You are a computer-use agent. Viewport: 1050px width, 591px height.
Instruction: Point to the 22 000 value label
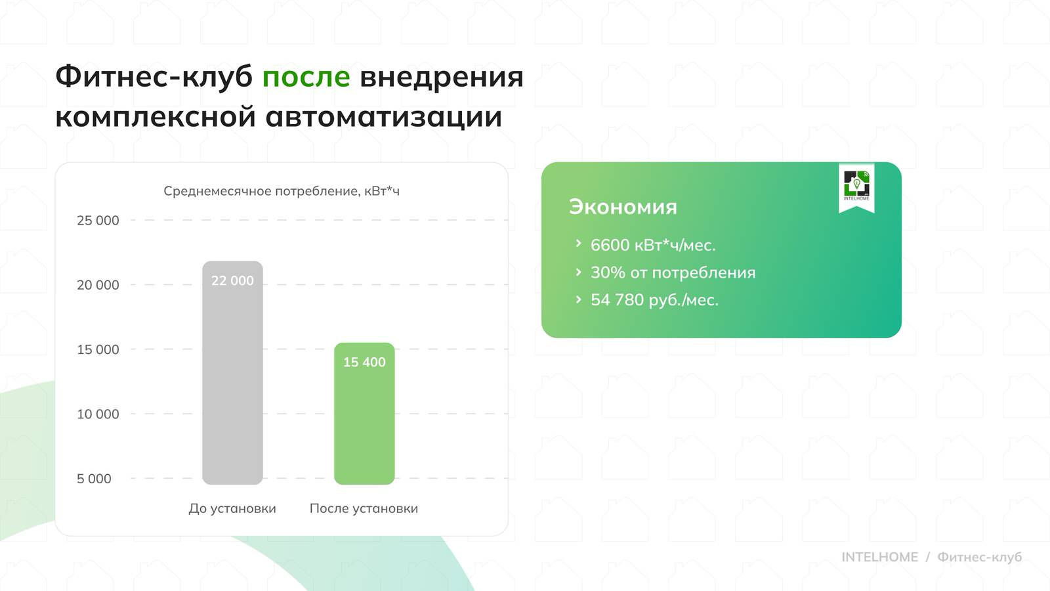click(x=232, y=280)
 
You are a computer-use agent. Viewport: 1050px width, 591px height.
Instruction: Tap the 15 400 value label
click(x=364, y=362)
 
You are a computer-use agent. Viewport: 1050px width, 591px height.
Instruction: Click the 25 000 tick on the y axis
click(x=98, y=221)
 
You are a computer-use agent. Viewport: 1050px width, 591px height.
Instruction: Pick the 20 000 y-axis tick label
click(x=98, y=285)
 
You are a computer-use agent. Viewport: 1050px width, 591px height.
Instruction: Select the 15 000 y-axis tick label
click(x=98, y=349)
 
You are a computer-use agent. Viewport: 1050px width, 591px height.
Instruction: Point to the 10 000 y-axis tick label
click(x=98, y=414)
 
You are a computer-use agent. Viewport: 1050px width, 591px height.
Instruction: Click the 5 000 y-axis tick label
click(x=94, y=479)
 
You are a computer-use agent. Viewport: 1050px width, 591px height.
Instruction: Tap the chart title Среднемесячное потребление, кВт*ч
click(x=281, y=191)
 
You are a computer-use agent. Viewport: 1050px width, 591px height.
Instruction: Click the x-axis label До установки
click(x=232, y=508)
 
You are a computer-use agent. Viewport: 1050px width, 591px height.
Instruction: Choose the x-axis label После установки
click(x=364, y=508)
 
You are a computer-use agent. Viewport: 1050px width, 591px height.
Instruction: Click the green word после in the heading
click(x=306, y=77)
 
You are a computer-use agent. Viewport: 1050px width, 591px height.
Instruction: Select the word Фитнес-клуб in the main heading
click(x=154, y=77)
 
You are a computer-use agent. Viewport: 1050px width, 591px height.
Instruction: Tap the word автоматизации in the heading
click(x=384, y=117)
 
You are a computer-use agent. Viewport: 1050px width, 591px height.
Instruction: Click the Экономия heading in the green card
click(x=623, y=207)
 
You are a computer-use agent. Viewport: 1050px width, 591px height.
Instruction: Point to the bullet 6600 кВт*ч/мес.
click(x=652, y=245)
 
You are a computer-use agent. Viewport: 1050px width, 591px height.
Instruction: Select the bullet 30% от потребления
click(x=673, y=273)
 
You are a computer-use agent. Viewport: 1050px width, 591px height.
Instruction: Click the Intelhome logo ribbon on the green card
click(x=856, y=186)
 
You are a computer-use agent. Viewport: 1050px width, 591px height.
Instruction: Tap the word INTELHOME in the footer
click(x=879, y=557)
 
